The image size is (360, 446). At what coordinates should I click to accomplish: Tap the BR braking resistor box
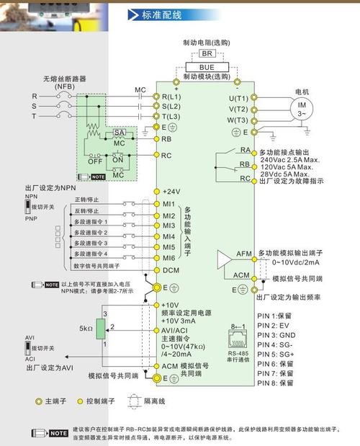205,53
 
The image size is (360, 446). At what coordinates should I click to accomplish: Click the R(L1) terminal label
171,96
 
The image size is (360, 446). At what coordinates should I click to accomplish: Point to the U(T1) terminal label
238,98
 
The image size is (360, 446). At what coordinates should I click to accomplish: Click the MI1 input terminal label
168,205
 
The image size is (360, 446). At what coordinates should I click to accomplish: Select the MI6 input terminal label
168,257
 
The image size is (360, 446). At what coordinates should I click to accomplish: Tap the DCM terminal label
170,269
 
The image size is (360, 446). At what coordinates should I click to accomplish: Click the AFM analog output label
244,254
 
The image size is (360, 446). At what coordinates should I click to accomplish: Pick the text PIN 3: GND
276,334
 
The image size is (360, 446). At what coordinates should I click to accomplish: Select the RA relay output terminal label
246,150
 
